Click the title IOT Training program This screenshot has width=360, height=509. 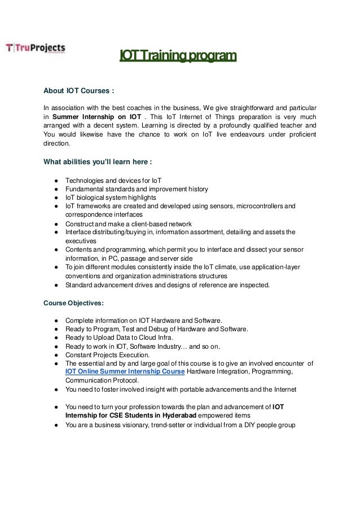point(177,56)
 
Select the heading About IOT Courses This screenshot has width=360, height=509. point(80,90)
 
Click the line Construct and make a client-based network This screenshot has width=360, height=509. point(129,223)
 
